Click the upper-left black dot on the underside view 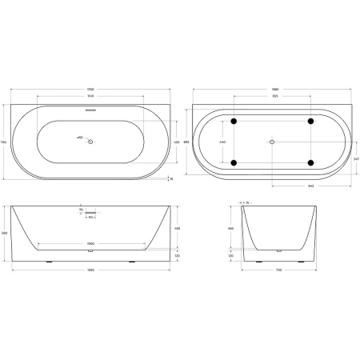coord(234,122)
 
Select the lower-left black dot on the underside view coord(234,162)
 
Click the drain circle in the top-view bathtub coord(91,142)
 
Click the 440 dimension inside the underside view coord(223,142)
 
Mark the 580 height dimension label coord(6,233)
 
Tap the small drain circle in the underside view coord(272,142)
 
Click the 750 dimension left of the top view coord(5,142)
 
